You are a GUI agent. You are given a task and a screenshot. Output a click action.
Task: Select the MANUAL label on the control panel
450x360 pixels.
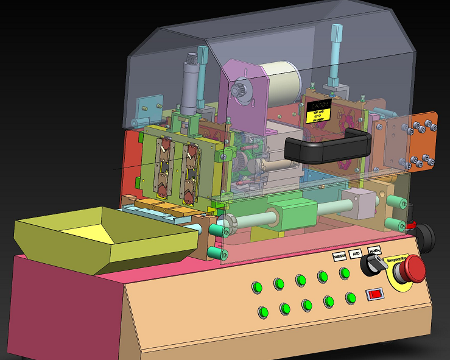click(x=374, y=250)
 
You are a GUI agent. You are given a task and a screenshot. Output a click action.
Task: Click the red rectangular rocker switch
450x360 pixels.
click(x=375, y=295)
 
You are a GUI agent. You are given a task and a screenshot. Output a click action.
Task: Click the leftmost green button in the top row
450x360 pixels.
click(x=257, y=286)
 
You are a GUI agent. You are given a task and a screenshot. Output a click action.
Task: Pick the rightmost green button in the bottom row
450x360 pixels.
click(x=351, y=298)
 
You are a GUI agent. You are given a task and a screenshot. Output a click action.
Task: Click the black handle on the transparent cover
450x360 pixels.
click(x=328, y=147)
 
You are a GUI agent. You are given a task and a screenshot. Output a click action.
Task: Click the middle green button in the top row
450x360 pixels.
click(x=300, y=280)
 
